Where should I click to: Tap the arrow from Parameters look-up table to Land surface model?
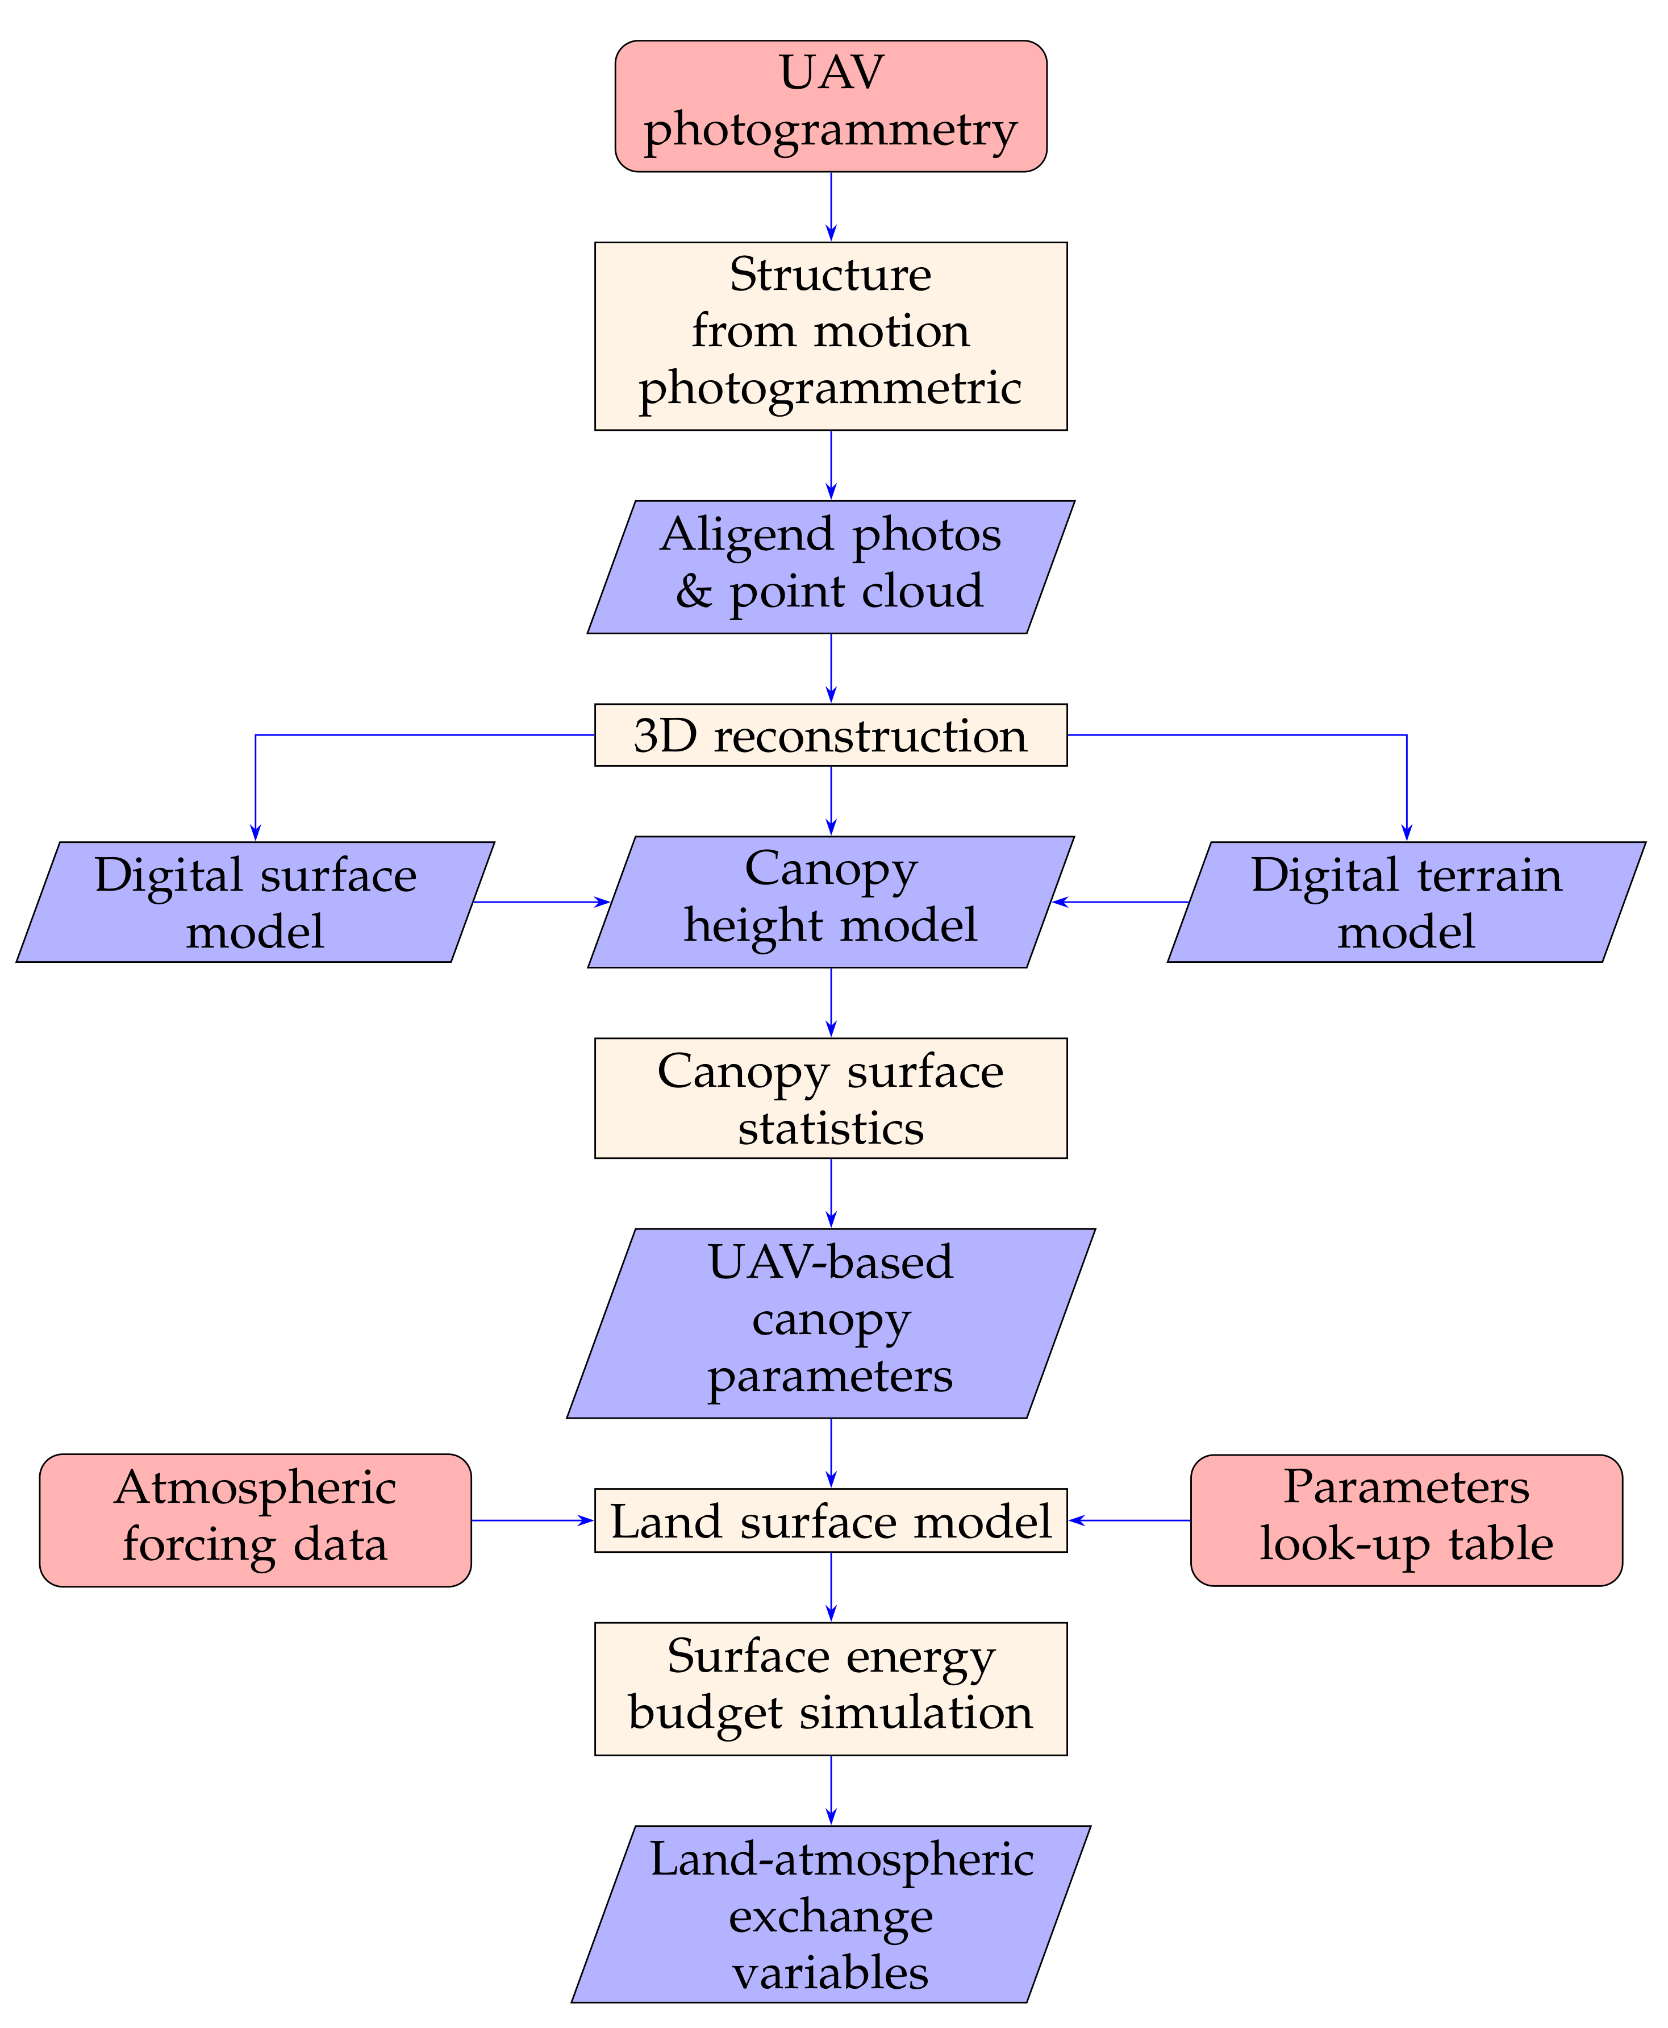coord(1129,1520)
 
